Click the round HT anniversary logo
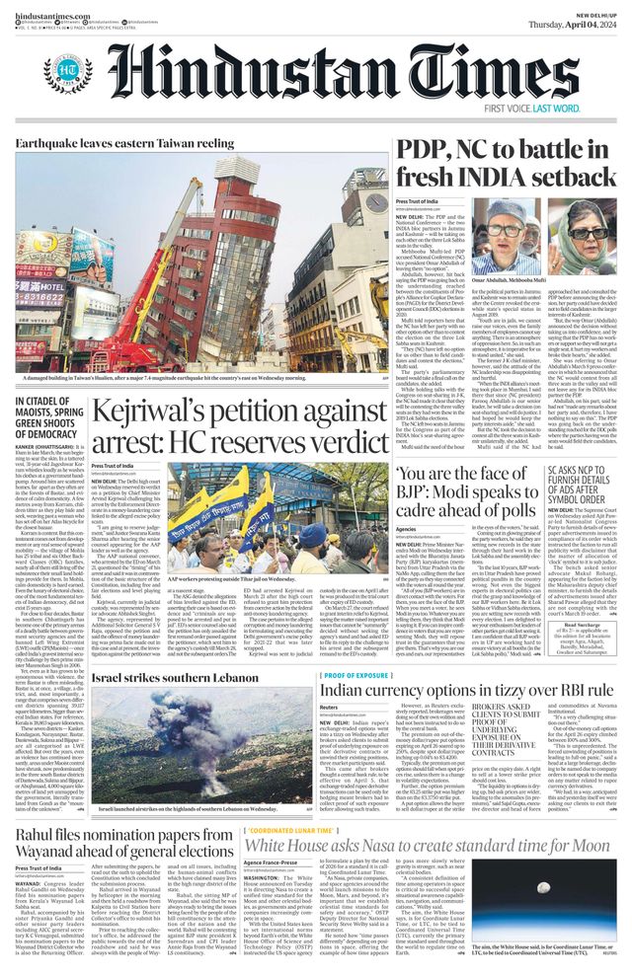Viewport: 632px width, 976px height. tap(67, 72)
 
